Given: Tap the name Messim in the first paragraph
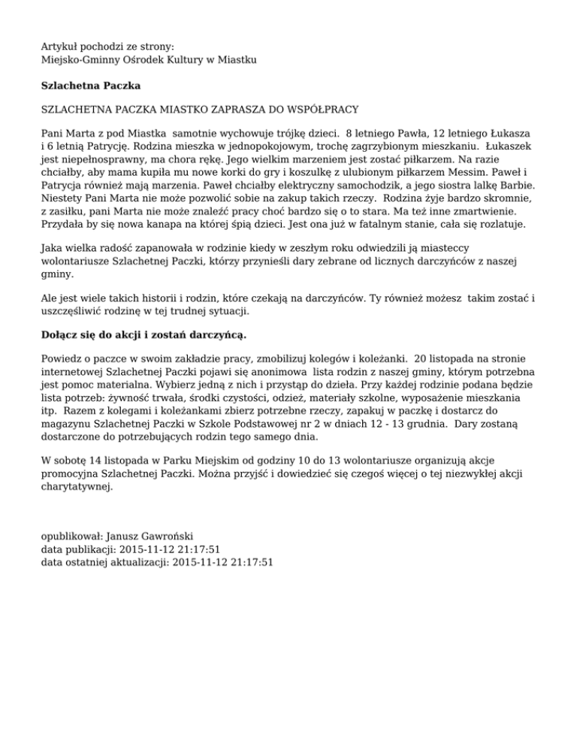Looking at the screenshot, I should (x=444, y=172).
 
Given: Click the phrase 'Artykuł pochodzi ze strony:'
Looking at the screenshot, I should (x=107, y=47).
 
